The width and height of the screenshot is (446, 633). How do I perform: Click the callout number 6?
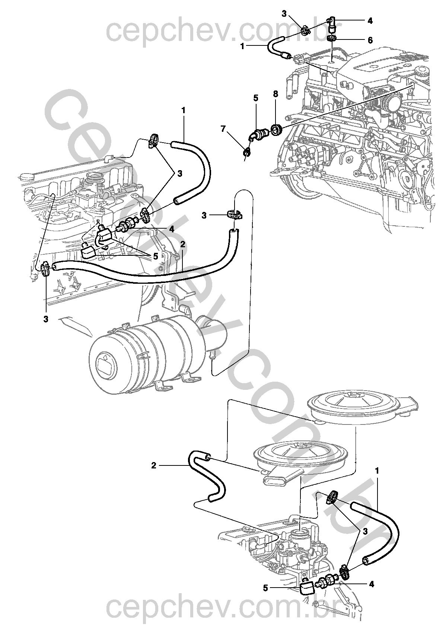point(370,40)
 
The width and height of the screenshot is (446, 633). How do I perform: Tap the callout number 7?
point(223,129)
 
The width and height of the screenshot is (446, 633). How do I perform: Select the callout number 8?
point(275,94)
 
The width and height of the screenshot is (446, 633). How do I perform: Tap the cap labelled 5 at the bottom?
point(307,589)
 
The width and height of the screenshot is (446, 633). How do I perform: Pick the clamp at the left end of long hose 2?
point(45,269)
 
